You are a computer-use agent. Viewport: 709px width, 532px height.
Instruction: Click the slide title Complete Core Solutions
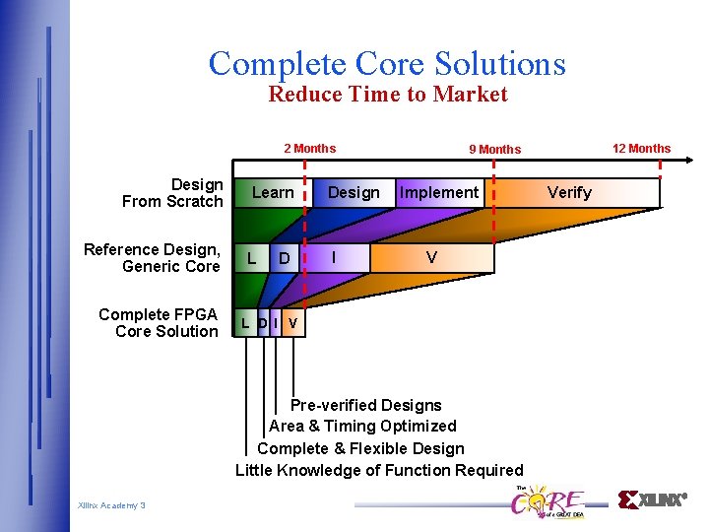pos(387,63)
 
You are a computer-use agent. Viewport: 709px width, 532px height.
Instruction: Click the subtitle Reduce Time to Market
pos(388,95)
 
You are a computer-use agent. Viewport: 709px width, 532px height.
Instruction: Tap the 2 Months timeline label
pos(309,149)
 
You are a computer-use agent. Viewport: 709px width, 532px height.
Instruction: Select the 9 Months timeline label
pos(494,150)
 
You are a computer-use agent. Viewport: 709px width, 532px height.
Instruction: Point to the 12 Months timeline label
pos(641,149)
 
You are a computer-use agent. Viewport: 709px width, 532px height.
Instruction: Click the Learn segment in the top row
pos(273,192)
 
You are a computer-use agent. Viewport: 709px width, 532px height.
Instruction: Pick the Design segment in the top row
pos(354,192)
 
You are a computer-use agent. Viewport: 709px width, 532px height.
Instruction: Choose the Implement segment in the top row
pos(439,192)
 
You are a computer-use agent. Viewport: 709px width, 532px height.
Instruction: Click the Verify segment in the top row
pos(569,192)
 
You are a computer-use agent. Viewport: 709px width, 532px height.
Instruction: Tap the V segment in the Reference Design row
pos(431,257)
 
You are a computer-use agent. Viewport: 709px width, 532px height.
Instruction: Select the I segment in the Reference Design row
pos(335,257)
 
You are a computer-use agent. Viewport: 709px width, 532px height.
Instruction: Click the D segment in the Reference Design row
pos(285,258)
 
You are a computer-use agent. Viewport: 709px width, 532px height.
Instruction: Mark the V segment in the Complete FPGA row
pos(293,323)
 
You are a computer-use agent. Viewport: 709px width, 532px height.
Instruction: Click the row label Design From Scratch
pos(173,193)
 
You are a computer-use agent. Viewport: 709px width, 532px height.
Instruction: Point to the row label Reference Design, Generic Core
pos(153,258)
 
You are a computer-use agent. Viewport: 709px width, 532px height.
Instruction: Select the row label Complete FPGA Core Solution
pos(159,323)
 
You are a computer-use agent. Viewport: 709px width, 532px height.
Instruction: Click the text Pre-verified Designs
pos(365,405)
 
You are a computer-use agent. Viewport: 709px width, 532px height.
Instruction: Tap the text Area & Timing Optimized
pos(362,427)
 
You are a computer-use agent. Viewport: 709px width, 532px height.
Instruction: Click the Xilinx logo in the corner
pos(652,499)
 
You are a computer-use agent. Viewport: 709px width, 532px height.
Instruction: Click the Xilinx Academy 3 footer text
pos(111,505)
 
